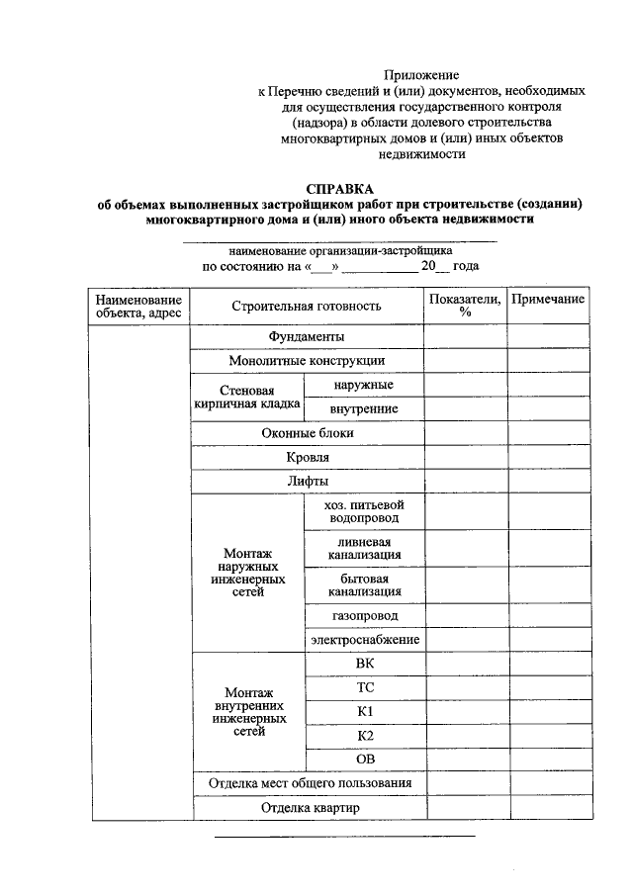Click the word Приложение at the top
point(421,75)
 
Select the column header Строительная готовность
point(307,306)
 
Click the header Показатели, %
point(465,306)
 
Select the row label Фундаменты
point(307,336)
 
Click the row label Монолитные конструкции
point(307,361)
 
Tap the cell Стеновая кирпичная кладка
point(247,398)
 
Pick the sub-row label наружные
point(364,385)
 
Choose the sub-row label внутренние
point(364,408)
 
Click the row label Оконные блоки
point(307,433)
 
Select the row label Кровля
point(307,457)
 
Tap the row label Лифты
point(307,482)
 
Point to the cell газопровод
point(364,615)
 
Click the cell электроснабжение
point(364,640)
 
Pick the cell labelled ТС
point(364,687)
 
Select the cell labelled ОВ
point(364,760)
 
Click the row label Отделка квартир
point(307,808)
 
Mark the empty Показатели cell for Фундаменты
point(465,336)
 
